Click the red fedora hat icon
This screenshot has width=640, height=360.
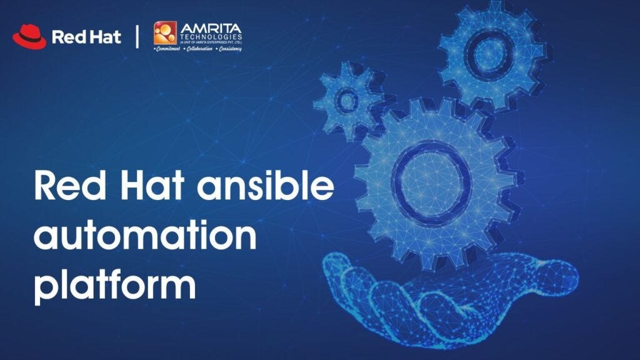tap(29, 36)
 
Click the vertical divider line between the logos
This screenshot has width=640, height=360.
tap(137, 36)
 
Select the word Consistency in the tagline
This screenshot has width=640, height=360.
tap(228, 48)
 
